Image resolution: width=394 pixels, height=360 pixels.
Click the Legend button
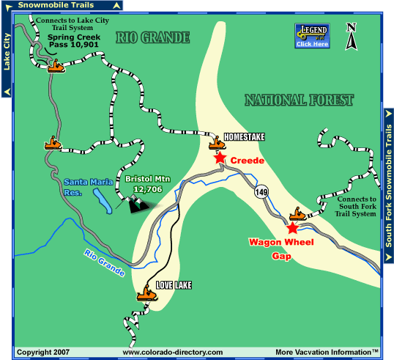click(x=311, y=35)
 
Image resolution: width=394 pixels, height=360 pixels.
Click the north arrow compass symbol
click(x=352, y=37)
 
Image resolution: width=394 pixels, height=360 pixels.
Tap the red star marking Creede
click(x=219, y=158)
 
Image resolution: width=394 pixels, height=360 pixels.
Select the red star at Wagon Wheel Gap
click(x=293, y=228)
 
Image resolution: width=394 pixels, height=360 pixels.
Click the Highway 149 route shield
click(x=261, y=193)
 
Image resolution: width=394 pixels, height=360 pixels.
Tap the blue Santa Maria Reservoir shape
click(x=103, y=202)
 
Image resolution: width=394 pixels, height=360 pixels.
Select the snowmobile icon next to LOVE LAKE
click(x=146, y=294)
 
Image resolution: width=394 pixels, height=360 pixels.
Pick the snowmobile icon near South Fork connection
click(x=298, y=214)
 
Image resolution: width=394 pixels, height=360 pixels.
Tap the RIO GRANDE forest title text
click(x=153, y=36)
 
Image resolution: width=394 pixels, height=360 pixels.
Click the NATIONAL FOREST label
click(x=299, y=100)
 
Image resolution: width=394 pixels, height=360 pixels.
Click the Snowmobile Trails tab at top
click(x=61, y=5)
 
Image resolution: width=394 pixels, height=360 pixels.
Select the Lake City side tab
click(x=7, y=55)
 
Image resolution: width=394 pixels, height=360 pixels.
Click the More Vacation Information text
click(x=327, y=353)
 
